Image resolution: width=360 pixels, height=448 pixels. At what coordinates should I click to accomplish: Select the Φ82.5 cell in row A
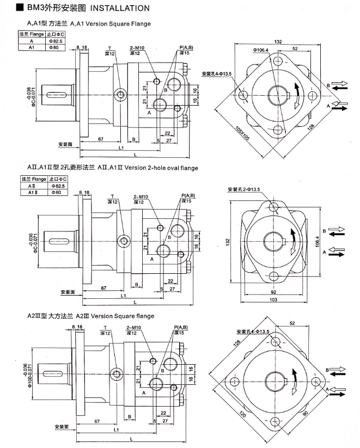[x=57, y=41]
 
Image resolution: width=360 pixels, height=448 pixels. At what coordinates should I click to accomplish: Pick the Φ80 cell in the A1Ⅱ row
[x=57, y=192]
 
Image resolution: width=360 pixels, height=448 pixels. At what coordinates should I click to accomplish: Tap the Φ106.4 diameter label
[x=261, y=51]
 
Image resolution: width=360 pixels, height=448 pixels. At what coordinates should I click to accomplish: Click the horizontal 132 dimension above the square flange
[x=278, y=41]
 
